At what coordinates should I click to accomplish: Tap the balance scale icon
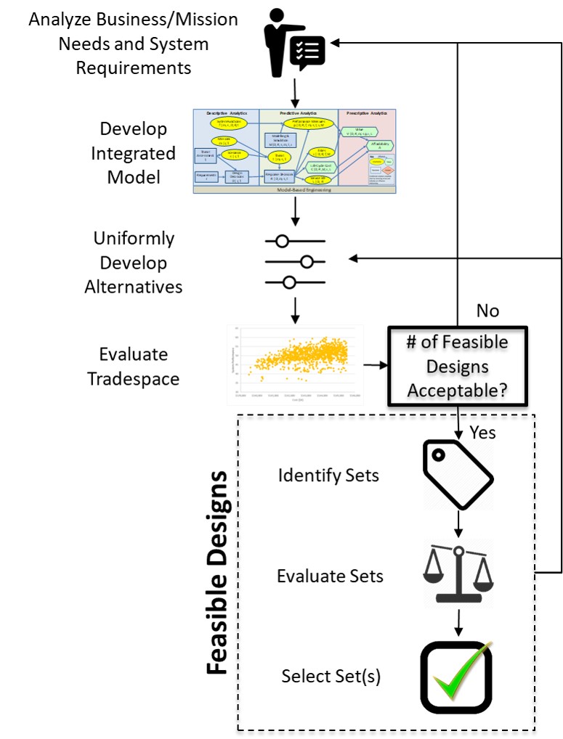458,573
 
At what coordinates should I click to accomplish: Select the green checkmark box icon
456,677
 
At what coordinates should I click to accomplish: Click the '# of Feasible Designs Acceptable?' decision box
458,366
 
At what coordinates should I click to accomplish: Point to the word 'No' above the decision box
487,311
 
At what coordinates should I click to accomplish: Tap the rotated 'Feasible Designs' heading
216,573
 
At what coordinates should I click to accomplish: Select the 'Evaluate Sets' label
330,576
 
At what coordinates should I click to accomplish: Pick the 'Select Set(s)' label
331,677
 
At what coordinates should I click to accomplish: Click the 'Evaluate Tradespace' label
133,367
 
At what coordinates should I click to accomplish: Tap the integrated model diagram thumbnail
294,151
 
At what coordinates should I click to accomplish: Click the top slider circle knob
282,241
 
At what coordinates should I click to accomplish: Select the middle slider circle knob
307,261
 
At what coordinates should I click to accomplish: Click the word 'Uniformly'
134,239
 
